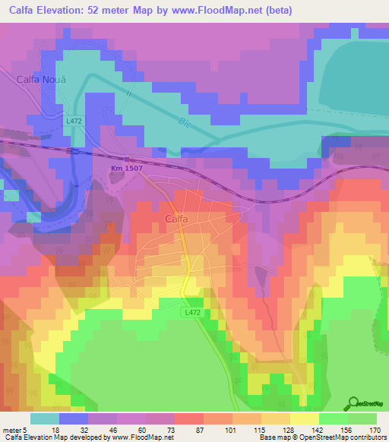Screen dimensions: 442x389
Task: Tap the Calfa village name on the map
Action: point(176,219)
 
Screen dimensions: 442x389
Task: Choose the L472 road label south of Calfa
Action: point(191,311)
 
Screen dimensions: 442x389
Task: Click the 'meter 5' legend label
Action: point(15,429)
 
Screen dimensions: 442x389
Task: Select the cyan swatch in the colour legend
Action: point(45,418)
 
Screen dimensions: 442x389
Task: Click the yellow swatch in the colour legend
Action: point(304,418)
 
